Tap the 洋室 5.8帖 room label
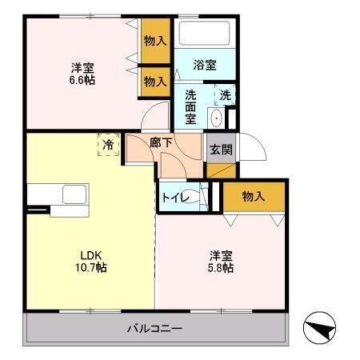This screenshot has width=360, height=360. pos(222,262)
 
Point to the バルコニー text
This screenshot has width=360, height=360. pos(155,328)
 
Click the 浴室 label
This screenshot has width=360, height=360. pos(205,65)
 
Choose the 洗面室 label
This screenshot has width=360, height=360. pos(191,106)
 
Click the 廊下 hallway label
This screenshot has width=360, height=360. pos(161,142)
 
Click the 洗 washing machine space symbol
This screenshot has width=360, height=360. pos(226,95)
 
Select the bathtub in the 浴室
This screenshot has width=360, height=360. pos(204,34)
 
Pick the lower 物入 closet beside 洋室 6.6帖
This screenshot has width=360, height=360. pos(155,81)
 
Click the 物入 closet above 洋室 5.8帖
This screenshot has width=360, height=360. pos(254,196)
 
